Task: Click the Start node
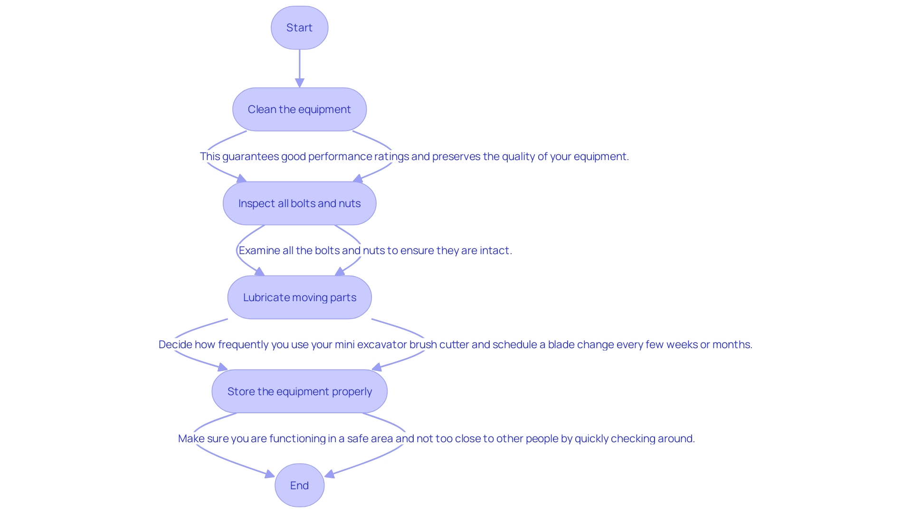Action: point(299,28)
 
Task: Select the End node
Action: point(299,485)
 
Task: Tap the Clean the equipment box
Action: point(299,109)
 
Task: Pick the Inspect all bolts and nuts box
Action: point(299,203)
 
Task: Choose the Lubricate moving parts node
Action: point(299,297)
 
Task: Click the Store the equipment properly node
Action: point(299,391)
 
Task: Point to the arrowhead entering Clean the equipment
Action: point(299,83)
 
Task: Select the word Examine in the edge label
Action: point(259,250)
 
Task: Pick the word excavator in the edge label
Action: point(382,344)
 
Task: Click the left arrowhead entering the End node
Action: point(270,474)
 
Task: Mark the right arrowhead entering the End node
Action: point(329,474)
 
